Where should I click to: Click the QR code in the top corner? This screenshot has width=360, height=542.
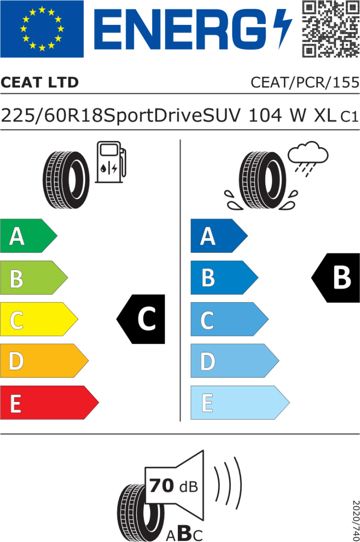click(331, 29)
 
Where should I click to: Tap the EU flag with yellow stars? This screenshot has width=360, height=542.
click(42, 29)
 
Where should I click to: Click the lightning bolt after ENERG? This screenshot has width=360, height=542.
click(282, 29)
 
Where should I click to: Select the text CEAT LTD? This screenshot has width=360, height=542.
click(40, 82)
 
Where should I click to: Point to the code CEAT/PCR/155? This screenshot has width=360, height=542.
click(305, 82)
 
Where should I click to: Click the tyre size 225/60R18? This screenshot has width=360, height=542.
click(53, 116)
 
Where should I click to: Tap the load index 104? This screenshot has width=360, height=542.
click(265, 116)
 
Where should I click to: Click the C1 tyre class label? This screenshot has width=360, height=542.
click(349, 117)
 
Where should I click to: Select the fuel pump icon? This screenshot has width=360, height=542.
click(110, 162)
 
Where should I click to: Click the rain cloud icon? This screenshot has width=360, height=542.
click(308, 158)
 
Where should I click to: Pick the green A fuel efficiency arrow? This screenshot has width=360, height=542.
click(29, 236)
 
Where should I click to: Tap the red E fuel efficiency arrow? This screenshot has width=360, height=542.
click(49, 403)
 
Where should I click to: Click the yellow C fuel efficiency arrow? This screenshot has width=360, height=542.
click(39, 319)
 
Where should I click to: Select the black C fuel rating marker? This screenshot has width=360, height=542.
click(141, 319)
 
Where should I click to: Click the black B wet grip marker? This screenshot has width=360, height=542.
click(336, 278)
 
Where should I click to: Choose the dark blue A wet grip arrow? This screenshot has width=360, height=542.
click(219, 236)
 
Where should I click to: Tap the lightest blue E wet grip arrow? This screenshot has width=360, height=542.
click(240, 403)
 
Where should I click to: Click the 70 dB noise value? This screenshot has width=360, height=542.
click(174, 486)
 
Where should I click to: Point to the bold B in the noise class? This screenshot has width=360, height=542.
click(185, 533)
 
